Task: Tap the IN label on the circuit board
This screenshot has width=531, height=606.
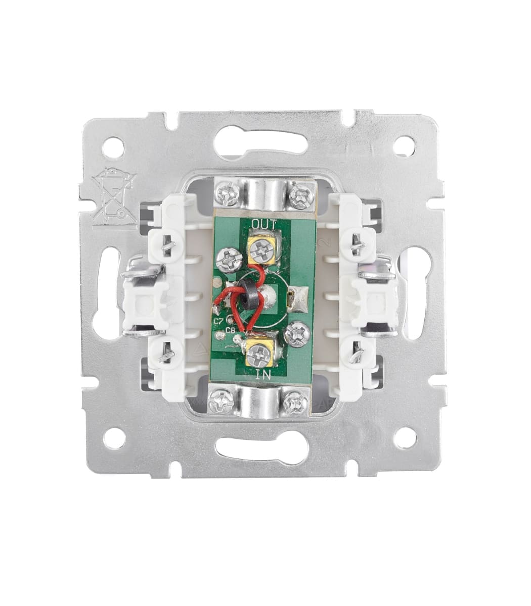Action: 263,375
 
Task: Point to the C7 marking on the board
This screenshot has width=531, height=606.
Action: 218,321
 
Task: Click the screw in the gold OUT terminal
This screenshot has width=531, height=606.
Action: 262,250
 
